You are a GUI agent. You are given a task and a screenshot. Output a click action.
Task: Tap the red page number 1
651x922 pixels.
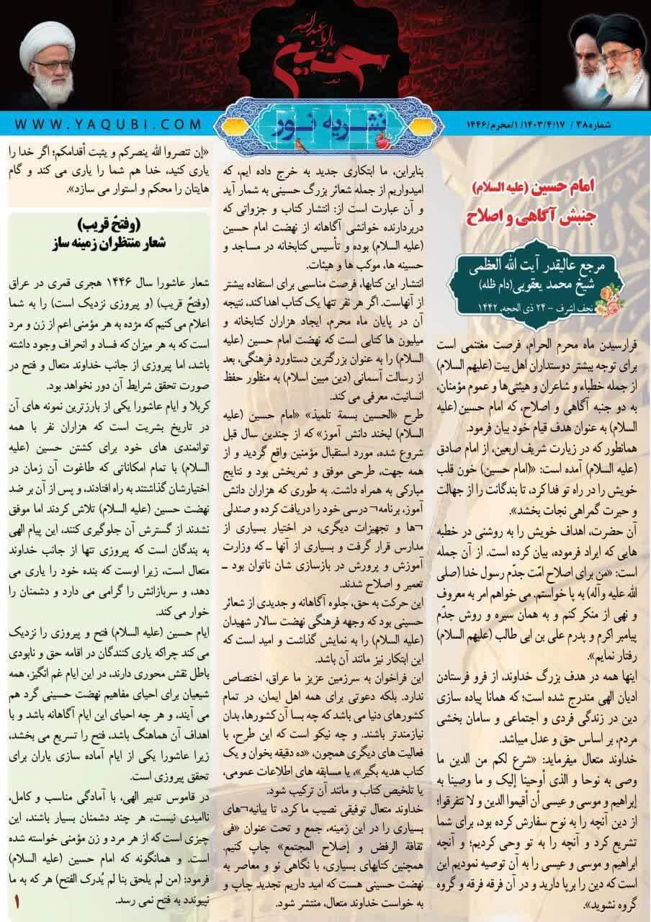[17, 902]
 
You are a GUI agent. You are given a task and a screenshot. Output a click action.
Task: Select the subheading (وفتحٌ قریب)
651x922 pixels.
[109, 223]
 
